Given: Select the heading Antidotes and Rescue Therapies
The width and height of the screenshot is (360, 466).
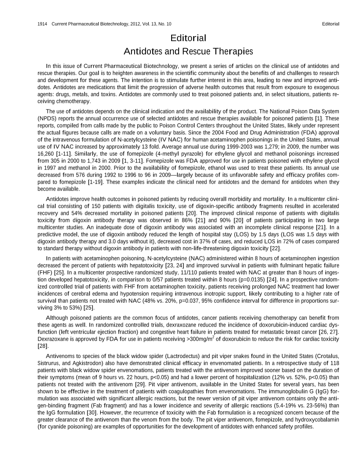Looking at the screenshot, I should point(188,51).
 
